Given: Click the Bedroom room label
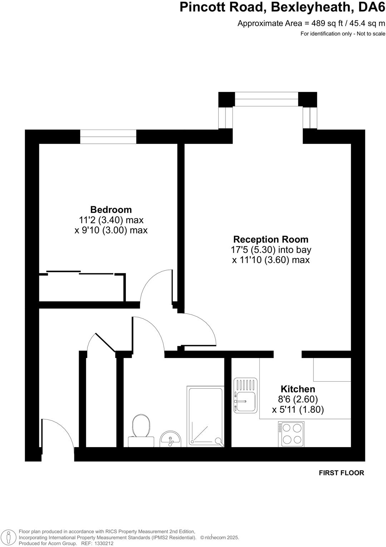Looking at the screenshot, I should click(111, 209).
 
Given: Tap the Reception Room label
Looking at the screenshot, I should click(271, 239).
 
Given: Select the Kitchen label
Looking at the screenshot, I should click(298, 389).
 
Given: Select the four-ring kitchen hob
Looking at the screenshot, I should click(292, 434).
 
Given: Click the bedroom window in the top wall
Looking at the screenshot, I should click(108, 137).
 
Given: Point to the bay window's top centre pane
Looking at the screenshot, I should click(266, 99).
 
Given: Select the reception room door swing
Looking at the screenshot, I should click(199, 329).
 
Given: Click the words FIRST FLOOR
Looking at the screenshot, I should click(341, 473).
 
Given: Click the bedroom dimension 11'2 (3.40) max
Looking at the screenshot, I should click(111, 220).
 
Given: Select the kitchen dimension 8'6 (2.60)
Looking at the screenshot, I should click(298, 399).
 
